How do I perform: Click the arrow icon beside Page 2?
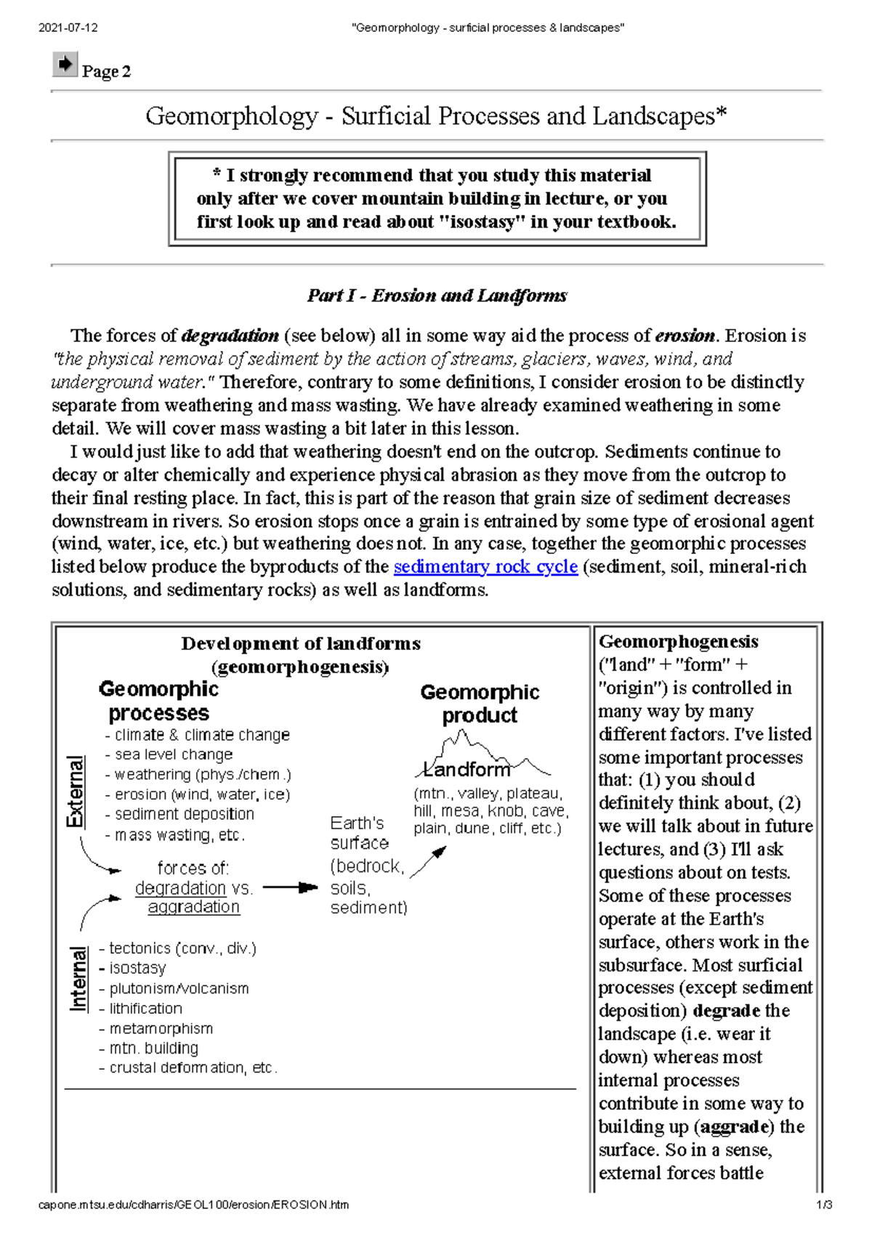(65, 65)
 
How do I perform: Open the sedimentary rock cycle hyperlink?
(485, 566)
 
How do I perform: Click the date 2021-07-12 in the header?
(68, 28)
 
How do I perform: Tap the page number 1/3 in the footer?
(823, 1205)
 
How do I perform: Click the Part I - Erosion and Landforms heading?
(437, 296)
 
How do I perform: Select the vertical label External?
(75, 791)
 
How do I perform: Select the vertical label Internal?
(77, 978)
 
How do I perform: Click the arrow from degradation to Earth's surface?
(290, 887)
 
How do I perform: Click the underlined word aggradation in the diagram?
(193, 907)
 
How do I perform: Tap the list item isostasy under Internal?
(137, 968)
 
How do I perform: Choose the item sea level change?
(174, 754)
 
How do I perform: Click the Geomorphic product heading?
(480, 703)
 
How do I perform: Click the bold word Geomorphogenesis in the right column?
(678, 642)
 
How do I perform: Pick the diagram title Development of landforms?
(301, 644)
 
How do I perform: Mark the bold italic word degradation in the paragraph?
(230, 335)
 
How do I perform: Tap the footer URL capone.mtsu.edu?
(193, 1205)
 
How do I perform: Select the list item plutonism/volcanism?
(179, 988)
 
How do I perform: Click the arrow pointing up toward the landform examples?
(429, 862)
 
